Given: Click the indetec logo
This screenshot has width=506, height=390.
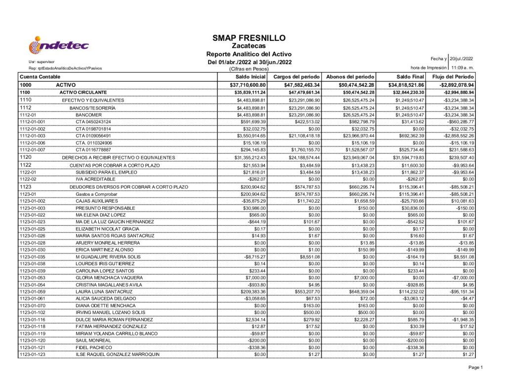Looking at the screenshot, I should coord(59,46).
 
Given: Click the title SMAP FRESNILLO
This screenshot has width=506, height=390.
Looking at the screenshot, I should coord(249,38).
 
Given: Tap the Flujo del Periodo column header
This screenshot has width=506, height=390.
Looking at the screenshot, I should coord(453,77).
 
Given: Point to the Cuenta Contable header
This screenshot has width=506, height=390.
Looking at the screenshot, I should coord(40,77).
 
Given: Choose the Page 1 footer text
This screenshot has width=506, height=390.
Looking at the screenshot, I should coord(475,367).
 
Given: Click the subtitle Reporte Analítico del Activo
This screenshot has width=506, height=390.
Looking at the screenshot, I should coord(249,54).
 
